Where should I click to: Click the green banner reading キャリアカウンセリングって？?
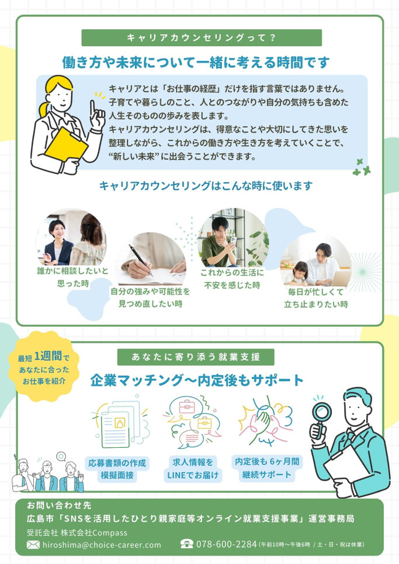[x=202, y=38]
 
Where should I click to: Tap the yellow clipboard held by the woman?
[x=66, y=144]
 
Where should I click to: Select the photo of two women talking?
[x=71, y=238]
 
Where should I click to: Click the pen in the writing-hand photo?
[x=141, y=260]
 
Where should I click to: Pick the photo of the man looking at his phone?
[x=233, y=238]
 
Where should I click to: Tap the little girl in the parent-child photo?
[x=298, y=273]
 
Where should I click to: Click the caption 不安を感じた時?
[x=232, y=286]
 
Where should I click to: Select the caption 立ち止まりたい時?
[x=316, y=304]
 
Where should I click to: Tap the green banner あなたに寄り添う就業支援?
[x=196, y=357]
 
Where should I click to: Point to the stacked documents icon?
[x=120, y=423]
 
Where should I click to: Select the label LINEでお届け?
[x=192, y=475]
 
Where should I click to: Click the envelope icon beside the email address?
[x=33, y=545]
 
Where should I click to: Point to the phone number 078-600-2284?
[x=226, y=544]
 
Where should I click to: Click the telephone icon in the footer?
[x=187, y=544]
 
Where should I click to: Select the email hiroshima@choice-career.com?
[x=102, y=545]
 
